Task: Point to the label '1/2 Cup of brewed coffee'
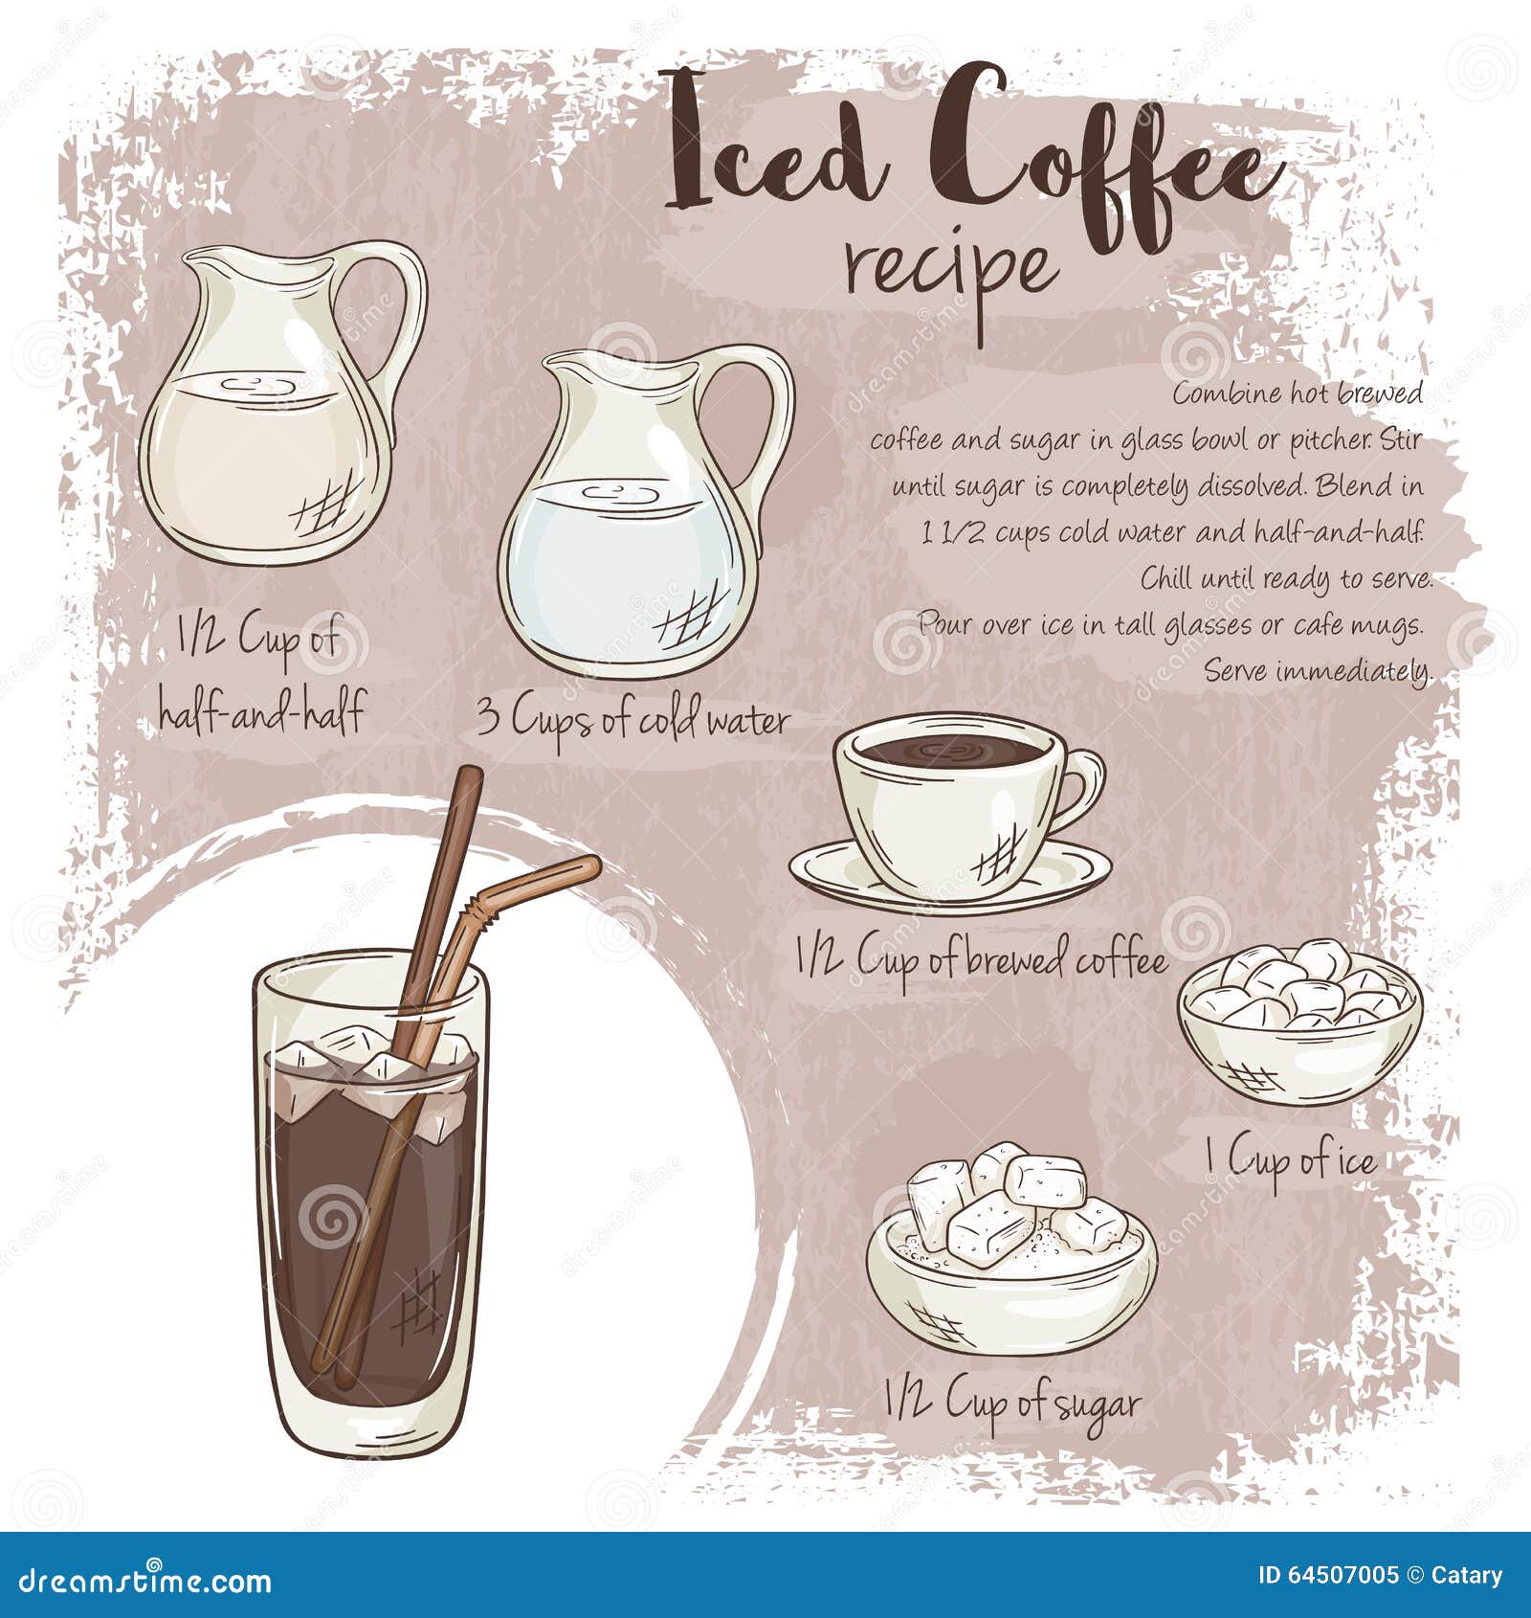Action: pyautogui.click(x=981, y=958)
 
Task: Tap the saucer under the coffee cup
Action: pyautogui.click(x=947, y=876)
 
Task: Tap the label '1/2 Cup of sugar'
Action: pyautogui.click(x=1012, y=1404)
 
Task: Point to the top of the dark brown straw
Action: pyautogui.click(x=468, y=780)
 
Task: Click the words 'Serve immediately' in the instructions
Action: pyautogui.click(x=1318, y=670)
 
